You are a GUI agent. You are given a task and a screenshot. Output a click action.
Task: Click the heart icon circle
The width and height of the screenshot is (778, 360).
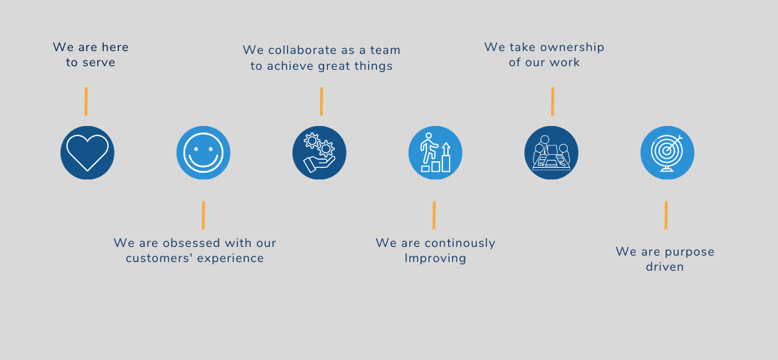point(87,153)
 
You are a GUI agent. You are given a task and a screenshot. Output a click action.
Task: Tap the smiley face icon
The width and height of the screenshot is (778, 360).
point(203,153)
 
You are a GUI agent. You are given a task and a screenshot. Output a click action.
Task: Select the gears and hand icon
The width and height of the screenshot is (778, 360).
point(320,153)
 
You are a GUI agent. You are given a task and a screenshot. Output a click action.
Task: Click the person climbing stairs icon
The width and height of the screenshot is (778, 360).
point(436,153)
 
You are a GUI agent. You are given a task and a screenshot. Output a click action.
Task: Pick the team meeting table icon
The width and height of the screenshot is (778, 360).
point(552,153)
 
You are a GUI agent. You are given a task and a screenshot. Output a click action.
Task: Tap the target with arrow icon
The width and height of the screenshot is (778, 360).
point(667,153)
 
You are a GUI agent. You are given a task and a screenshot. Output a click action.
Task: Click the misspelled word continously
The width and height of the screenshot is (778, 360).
point(460,243)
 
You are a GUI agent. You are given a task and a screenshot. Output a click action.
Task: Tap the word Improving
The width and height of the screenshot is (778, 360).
point(435,258)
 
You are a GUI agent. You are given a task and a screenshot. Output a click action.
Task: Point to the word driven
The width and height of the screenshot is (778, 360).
point(665,267)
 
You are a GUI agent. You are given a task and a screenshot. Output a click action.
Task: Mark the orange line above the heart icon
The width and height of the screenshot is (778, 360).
point(86,101)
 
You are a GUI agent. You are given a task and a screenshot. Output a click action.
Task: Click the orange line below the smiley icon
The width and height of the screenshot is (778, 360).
point(203,215)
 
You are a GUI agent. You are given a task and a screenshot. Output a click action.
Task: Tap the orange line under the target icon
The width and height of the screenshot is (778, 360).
point(666,215)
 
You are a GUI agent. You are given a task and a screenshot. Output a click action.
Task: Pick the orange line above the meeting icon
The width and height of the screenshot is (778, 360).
point(553,101)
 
